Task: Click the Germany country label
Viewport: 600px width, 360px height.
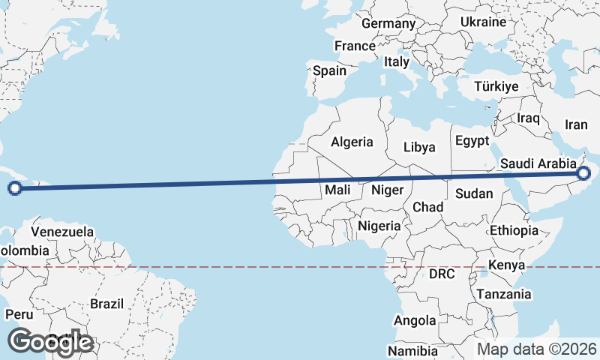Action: [388, 23]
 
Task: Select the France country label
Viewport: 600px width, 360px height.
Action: [355, 46]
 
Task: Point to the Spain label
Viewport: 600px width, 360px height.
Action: [329, 71]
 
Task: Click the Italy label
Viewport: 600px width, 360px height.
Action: [396, 62]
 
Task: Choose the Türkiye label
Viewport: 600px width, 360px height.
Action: [496, 86]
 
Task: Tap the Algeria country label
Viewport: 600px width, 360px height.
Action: [352, 141]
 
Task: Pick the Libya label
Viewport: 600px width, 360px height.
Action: [419, 147]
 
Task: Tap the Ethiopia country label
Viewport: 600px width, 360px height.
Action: [514, 230]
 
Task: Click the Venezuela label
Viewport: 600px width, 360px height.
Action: [62, 232]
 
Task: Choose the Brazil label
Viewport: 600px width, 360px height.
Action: [106, 304]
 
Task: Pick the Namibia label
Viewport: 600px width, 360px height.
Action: [412, 351]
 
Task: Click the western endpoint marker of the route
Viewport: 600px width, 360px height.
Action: [15, 188]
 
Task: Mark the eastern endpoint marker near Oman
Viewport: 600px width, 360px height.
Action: [584, 175]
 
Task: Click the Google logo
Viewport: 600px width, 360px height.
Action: [49, 341]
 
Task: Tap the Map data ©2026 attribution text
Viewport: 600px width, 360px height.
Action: [536, 349]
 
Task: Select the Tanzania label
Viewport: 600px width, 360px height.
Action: [503, 294]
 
